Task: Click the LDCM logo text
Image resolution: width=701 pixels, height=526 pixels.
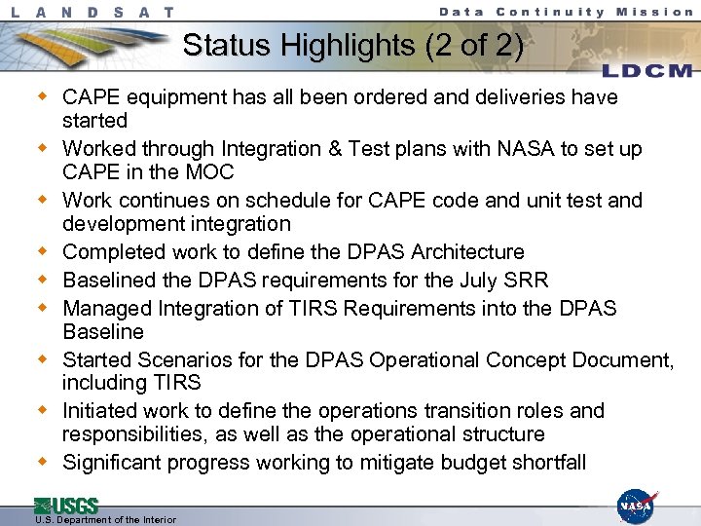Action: click(646, 71)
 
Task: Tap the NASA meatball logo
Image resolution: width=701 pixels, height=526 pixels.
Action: click(637, 506)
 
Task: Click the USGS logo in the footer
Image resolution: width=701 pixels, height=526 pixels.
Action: click(66, 505)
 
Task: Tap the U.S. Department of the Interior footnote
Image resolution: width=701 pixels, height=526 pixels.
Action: click(105, 519)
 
